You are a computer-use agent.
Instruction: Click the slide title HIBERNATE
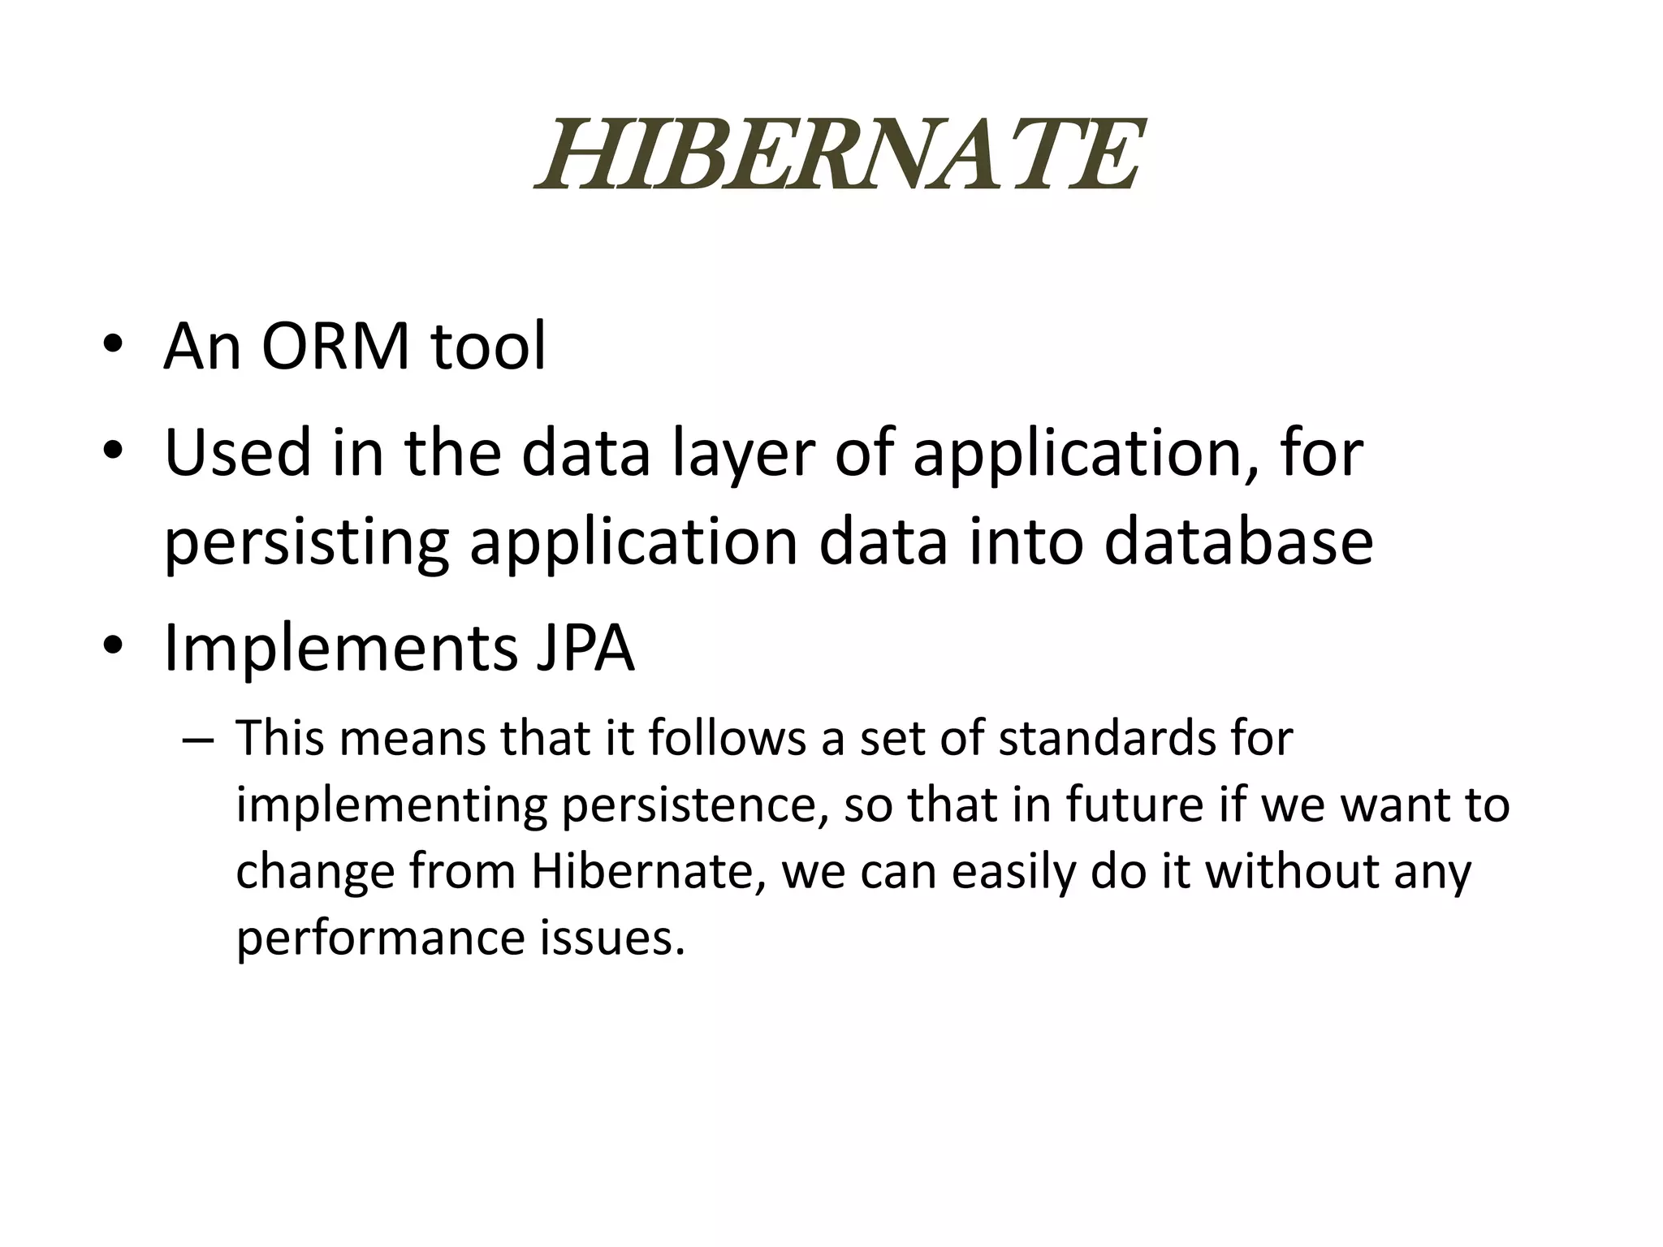point(840,154)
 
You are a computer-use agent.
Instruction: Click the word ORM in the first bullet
point(335,347)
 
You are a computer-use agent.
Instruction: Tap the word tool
point(488,347)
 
